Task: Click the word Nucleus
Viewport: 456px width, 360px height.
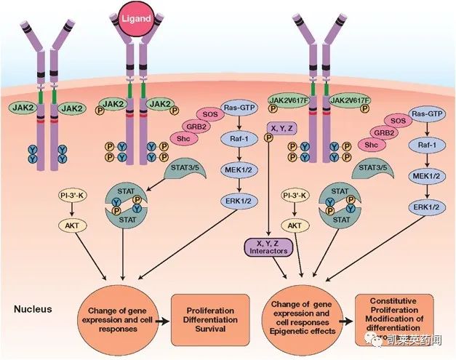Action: coord(33,308)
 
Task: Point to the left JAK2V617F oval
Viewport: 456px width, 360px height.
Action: coord(287,101)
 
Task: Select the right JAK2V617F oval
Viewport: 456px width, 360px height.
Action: coord(351,101)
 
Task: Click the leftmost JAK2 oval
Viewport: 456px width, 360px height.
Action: coord(26,108)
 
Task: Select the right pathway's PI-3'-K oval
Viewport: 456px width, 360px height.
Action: coord(293,197)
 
